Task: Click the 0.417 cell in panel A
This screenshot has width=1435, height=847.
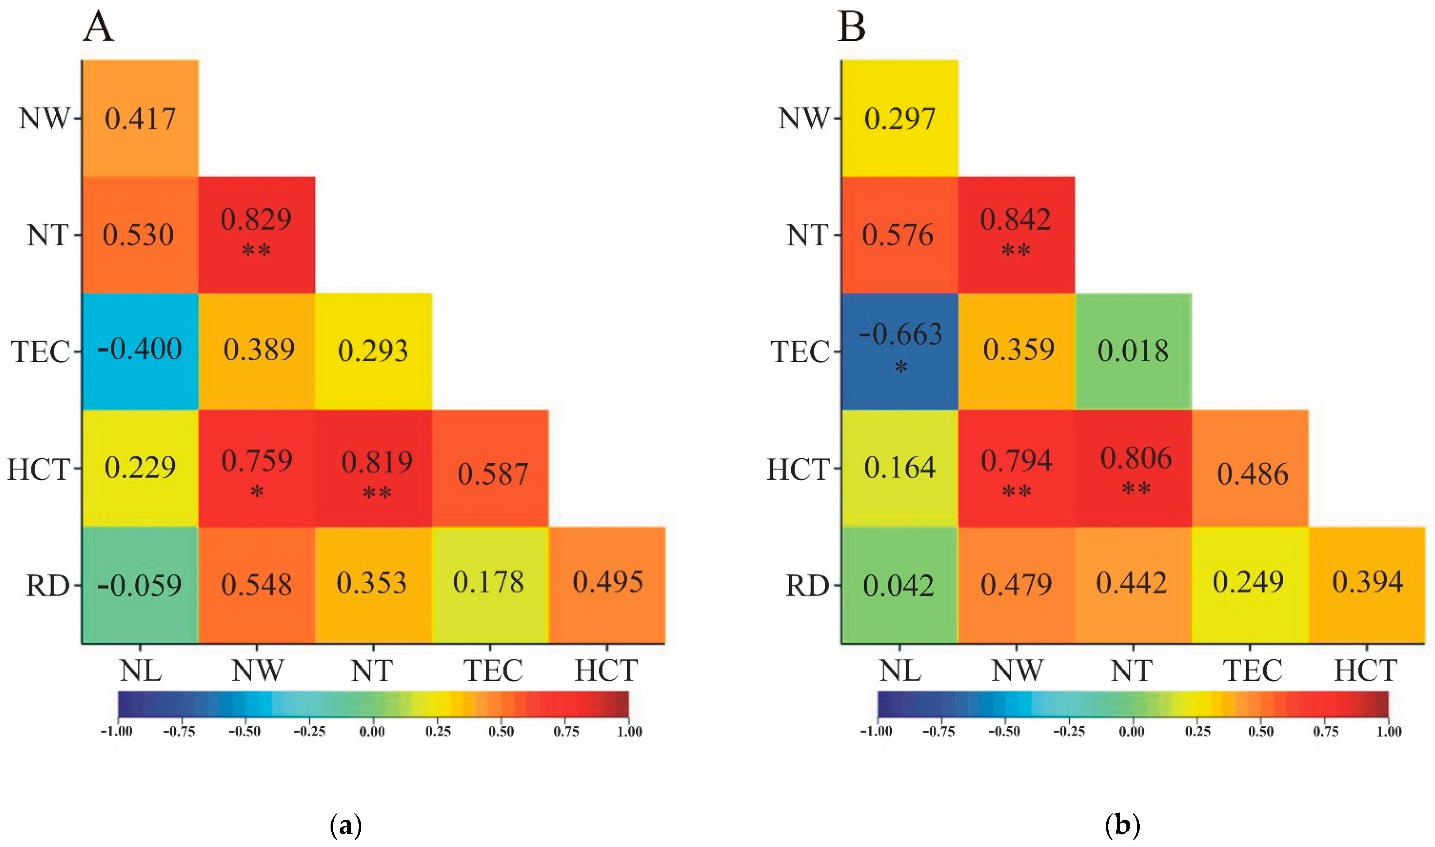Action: tap(140, 118)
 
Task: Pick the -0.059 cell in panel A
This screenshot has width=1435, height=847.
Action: tap(140, 585)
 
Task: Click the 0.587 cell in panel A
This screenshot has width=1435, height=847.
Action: tap(490, 468)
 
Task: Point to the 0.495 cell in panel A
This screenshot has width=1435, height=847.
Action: tap(607, 585)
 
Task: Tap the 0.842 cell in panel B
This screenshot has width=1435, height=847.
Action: tap(1016, 235)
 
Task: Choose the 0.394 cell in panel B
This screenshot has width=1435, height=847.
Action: tap(1367, 585)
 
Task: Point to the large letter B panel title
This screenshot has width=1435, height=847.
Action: tap(851, 27)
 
